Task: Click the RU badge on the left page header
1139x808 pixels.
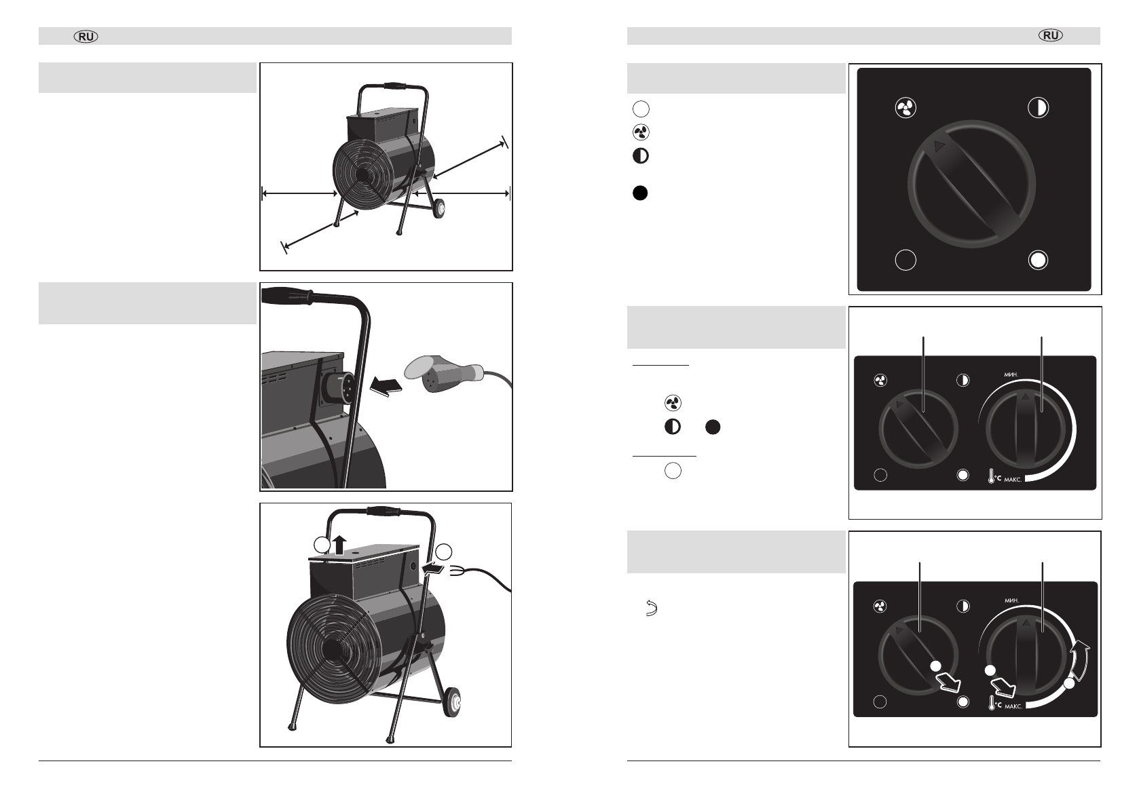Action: [x=86, y=37]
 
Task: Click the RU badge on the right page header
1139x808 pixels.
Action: [x=1051, y=35]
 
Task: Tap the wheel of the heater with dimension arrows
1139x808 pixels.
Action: [x=438, y=208]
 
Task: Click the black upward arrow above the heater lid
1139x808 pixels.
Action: [x=339, y=545]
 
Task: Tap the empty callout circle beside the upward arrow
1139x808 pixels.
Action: [x=321, y=545]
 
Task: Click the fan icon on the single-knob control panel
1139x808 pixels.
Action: [x=905, y=108]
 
